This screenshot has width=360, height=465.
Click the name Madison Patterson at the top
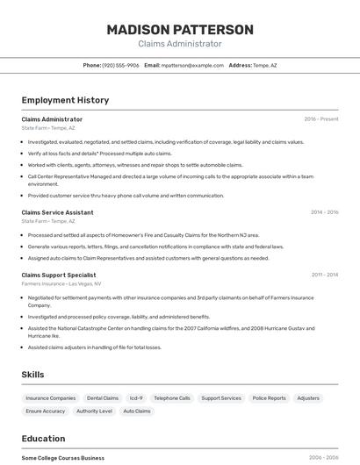click(x=180, y=30)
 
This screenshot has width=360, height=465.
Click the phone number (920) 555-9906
click(x=120, y=65)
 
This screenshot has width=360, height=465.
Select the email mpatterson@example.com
click(x=192, y=65)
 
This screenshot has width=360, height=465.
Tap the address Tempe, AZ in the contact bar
click(x=264, y=65)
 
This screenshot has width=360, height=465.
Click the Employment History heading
click(x=65, y=100)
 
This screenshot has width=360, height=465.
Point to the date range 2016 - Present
click(x=320, y=119)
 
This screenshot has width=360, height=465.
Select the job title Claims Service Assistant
click(x=57, y=212)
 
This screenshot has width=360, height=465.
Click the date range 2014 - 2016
click(x=324, y=212)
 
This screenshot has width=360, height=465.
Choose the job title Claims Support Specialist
click(x=59, y=275)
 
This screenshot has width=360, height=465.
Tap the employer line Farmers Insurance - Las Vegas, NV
click(x=61, y=283)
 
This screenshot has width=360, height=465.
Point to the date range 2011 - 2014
click(x=324, y=275)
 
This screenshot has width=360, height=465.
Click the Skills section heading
click(x=32, y=375)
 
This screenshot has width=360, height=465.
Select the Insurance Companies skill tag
click(x=51, y=398)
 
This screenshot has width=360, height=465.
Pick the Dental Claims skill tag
click(x=103, y=398)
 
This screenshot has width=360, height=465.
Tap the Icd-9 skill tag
click(x=136, y=398)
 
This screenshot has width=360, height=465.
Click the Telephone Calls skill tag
click(x=172, y=398)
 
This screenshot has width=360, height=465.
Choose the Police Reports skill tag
click(x=270, y=398)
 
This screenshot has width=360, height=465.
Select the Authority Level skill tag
click(x=94, y=411)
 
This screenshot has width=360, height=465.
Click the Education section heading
click(x=43, y=439)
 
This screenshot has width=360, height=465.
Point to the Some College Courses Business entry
click(x=63, y=458)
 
